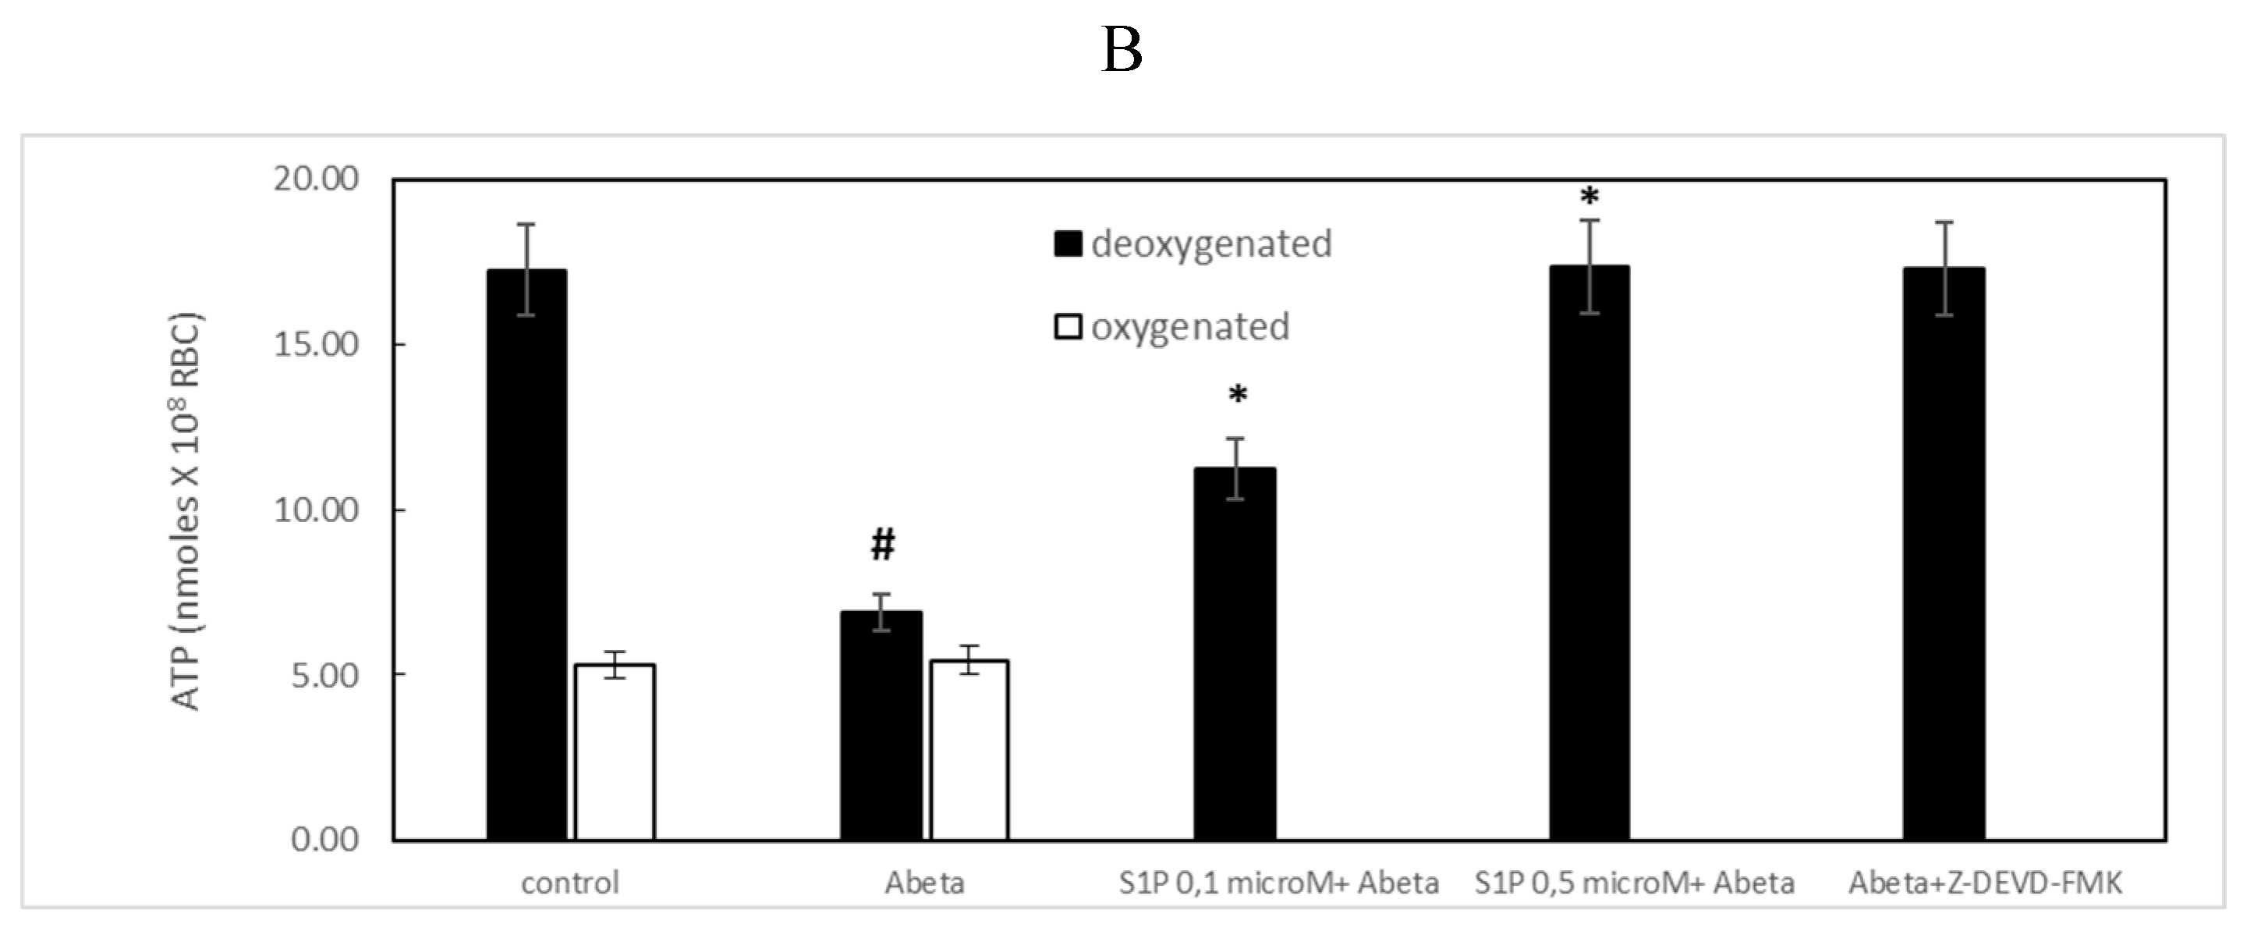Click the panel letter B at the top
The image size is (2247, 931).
[x=1122, y=51]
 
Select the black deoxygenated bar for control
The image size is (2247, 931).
[x=527, y=559]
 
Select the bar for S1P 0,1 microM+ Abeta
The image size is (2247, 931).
[x=1235, y=655]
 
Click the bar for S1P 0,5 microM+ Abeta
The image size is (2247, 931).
[x=1590, y=554]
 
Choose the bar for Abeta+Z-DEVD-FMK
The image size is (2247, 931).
[x=1944, y=555]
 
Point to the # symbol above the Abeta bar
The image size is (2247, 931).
[x=883, y=545]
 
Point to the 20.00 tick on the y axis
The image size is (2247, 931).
[x=317, y=179]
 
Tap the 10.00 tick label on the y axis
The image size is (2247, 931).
[x=317, y=510]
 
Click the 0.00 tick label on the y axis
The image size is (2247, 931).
[x=325, y=840]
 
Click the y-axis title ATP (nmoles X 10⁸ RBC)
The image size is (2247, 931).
[x=186, y=510]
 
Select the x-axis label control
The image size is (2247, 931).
[x=570, y=883]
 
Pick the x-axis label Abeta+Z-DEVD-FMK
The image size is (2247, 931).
[x=1985, y=883]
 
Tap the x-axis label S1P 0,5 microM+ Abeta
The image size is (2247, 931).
[x=1635, y=883]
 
